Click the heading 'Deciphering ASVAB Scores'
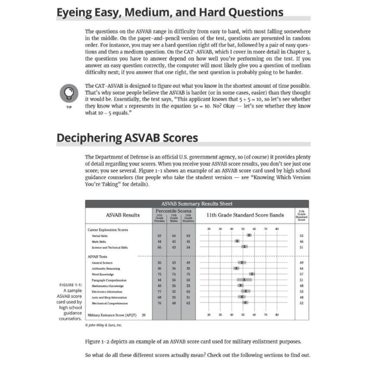127,138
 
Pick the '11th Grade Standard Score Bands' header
244,215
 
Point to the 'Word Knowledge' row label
102,274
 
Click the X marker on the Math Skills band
237,241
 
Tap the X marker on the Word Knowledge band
252,274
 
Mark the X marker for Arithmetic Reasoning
236,268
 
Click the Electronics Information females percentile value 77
160,291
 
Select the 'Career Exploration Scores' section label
108,229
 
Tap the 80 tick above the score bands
277,228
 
